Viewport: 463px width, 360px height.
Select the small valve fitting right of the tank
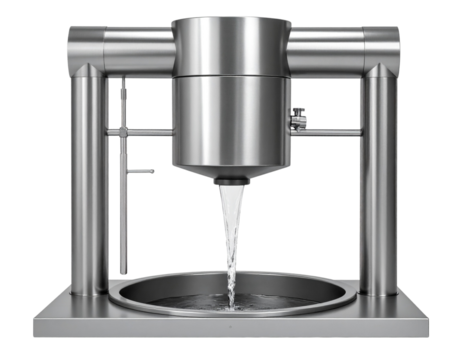tap(296, 117)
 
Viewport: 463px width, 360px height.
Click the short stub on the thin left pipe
tap(141, 171)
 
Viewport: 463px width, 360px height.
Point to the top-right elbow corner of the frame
tap(380, 44)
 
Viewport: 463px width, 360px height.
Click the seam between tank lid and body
tap(231, 73)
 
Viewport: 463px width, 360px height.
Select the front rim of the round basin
tap(231, 315)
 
